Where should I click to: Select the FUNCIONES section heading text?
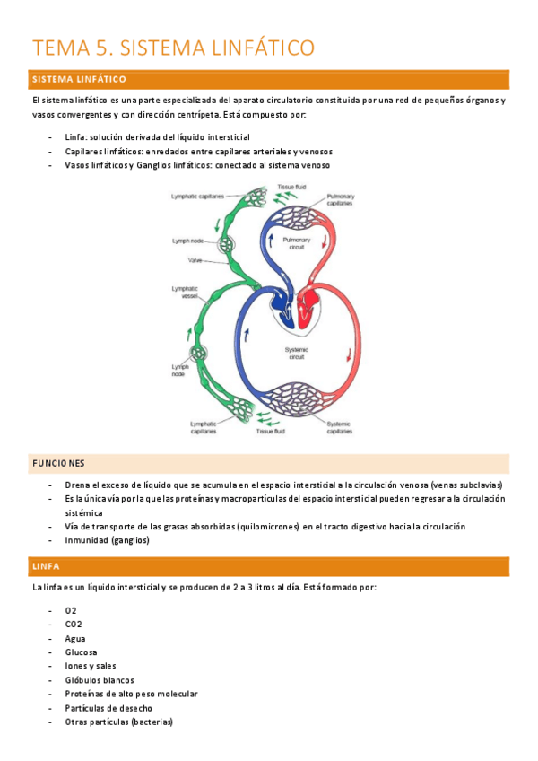pyautogui.click(x=58, y=463)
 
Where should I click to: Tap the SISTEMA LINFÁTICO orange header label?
pyautogui.click(x=79, y=80)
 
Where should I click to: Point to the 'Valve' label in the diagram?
pyautogui.click(x=195, y=260)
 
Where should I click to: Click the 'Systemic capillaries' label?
pyautogui.click(x=339, y=427)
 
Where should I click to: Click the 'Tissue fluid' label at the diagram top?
pyautogui.click(x=291, y=186)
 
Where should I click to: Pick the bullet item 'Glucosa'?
pyautogui.click(x=82, y=652)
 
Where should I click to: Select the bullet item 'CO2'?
pyautogui.click(x=74, y=624)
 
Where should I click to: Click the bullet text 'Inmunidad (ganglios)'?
pyautogui.click(x=108, y=540)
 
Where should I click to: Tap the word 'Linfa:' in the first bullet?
pyautogui.click(x=76, y=136)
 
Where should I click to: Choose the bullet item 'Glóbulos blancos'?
pyautogui.click(x=99, y=680)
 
